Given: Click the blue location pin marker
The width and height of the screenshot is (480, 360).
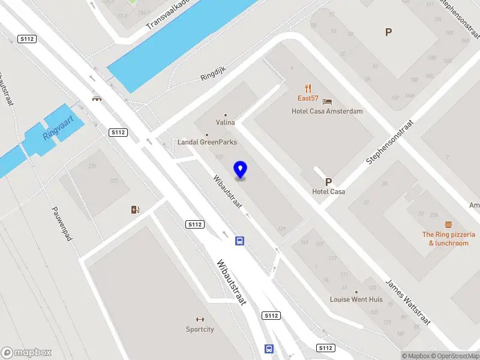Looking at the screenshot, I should [241, 170].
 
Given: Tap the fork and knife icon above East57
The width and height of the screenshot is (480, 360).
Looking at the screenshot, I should [308, 88].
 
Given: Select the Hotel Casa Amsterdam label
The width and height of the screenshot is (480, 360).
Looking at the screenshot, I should [327, 111].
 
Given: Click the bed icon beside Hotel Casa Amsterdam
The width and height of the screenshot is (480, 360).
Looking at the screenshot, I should [327, 100].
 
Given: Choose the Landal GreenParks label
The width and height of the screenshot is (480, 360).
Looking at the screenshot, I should [207, 142].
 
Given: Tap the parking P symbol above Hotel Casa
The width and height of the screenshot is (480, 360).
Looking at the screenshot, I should [328, 182].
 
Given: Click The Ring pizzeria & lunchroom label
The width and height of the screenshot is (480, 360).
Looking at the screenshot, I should [449, 238].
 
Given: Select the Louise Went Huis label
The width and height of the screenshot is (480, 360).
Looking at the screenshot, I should [356, 299].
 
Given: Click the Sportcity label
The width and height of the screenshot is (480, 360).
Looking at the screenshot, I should [200, 329].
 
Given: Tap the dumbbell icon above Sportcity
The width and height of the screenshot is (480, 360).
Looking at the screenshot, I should [200, 319].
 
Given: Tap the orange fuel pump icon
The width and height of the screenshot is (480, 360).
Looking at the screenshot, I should [136, 209].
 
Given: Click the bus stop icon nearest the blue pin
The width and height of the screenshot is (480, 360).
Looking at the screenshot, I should [239, 241].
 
